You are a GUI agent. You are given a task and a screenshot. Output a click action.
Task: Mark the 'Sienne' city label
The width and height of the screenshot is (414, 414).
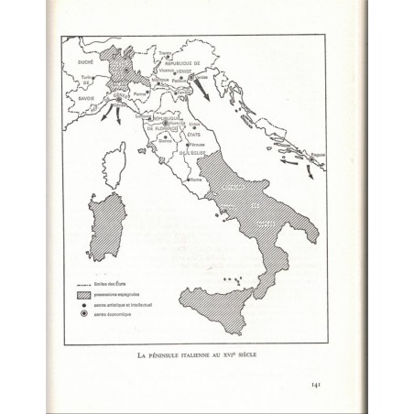pyautogui.click(x=166, y=141)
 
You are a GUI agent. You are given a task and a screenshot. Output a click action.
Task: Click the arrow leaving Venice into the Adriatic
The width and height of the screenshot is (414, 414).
pyautogui.click(x=220, y=96)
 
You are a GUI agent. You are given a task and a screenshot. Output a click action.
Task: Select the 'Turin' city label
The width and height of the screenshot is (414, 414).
pyautogui.click(x=88, y=79)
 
